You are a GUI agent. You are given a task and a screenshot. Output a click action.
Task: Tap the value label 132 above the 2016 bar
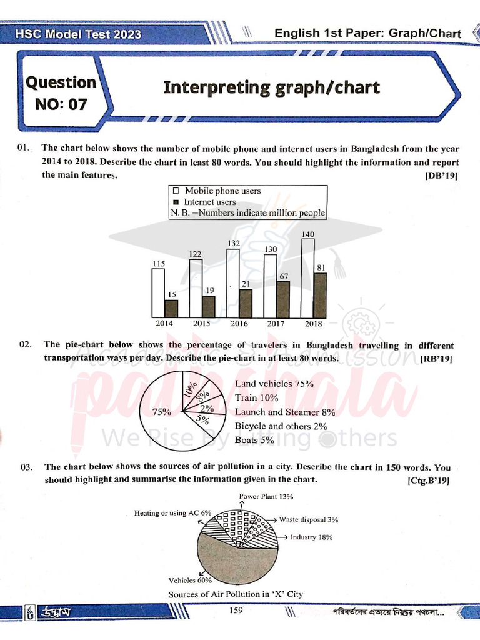(233, 243)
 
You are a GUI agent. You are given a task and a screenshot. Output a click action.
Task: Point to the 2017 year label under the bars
(276, 324)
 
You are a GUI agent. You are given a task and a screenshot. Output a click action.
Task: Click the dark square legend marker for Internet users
(176, 202)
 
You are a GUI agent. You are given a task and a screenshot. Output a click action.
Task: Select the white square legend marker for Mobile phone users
(176, 191)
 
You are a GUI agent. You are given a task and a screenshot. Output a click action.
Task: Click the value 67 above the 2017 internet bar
(283, 276)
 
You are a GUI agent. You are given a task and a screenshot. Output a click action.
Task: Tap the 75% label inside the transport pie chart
(161, 411)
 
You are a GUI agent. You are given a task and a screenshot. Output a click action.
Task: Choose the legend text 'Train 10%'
(256, 397)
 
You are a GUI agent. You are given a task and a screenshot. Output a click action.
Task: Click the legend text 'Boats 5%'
(255, 440)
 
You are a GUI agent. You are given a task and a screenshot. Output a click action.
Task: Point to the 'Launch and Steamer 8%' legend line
(285, 412)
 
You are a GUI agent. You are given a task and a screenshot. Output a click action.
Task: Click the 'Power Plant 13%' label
(267, 496)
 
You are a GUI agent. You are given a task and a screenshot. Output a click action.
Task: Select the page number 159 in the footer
(236, 611)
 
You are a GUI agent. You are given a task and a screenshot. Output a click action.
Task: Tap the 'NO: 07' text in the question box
(61, 104)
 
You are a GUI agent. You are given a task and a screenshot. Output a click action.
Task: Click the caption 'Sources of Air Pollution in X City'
(236, 594)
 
